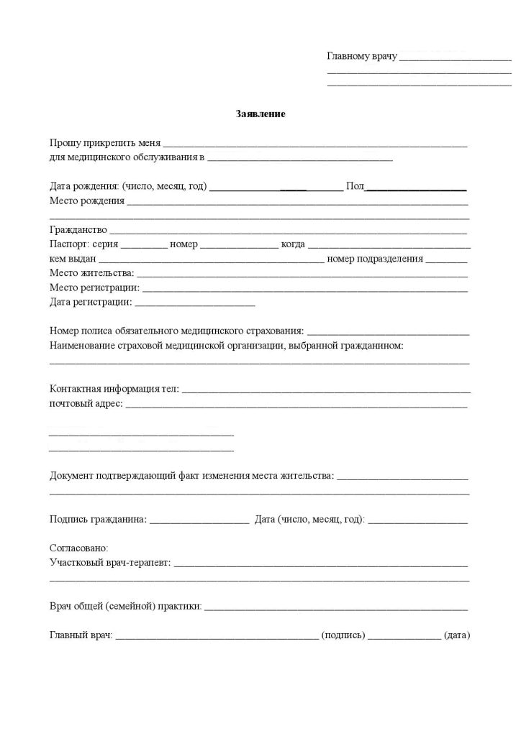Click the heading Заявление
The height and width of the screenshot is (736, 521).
(x=260, y=114)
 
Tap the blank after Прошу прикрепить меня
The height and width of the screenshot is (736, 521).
(x=316, y=144)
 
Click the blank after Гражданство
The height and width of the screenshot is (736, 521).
(x=289, y=231)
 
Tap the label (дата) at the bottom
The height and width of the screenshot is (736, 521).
(x=457, y=636)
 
